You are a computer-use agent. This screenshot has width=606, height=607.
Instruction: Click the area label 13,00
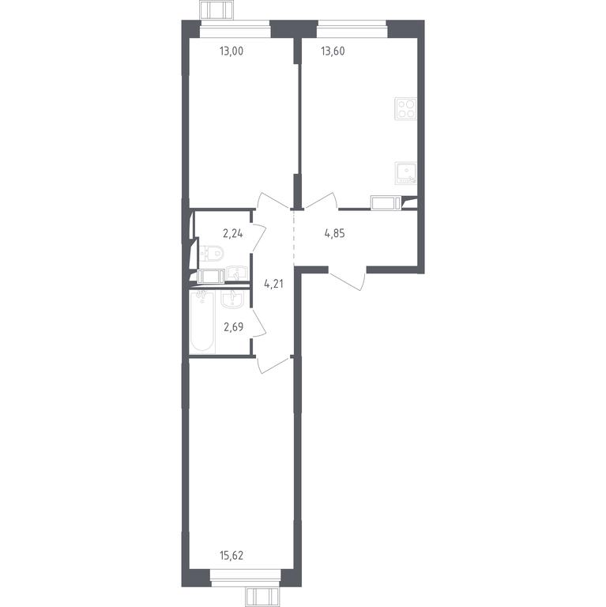231,51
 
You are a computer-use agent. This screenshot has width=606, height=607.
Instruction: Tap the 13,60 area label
333,51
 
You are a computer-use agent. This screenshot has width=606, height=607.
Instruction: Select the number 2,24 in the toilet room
233,233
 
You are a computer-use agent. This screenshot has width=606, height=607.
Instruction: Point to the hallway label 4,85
334,233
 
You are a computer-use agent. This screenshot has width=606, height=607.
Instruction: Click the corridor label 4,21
273,285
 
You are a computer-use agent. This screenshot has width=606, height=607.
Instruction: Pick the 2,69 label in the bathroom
234,327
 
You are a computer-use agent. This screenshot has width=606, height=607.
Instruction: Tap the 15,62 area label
231,556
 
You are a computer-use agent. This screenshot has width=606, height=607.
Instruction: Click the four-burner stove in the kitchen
406,109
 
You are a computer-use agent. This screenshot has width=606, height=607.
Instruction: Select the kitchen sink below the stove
406,173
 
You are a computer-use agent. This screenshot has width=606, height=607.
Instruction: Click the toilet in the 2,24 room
211,254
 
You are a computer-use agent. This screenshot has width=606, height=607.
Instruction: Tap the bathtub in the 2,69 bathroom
202,322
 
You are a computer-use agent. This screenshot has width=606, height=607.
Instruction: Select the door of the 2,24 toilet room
258,236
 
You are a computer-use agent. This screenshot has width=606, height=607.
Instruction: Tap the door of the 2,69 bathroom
258,322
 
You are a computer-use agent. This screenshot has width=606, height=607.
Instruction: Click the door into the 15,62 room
273,364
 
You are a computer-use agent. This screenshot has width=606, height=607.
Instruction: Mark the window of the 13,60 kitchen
352,29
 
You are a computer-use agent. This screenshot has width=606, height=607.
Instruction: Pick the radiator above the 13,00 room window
216,9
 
